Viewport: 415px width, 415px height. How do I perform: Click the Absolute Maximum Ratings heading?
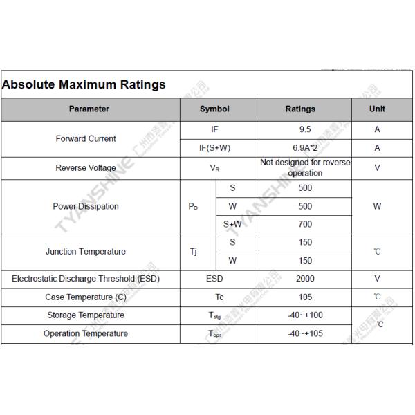(x=84, y=85)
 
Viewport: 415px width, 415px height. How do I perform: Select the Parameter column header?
(x=89, y=109)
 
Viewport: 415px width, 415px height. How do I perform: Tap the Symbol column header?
(x=214, y=109)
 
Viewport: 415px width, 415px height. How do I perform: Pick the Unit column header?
(x=377, y=109)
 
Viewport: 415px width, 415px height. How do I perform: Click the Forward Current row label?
(x=86, y=138)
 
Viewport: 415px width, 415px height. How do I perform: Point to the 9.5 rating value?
(x=305, y=129)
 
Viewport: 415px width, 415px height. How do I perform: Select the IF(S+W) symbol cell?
(x=214, y=148)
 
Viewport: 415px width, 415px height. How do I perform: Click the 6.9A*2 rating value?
(x=305, y=148)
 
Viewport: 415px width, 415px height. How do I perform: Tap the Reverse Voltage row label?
(x=86, y=168)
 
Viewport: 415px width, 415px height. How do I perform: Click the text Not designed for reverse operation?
(x=305, y=168)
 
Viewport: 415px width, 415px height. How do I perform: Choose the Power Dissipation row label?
(x=86, y=206)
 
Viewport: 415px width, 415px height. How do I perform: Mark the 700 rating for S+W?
(x=305, y=224)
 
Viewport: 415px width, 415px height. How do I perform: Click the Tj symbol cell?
(x=194, y=252)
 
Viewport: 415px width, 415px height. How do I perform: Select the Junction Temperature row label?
(x=86, y=252)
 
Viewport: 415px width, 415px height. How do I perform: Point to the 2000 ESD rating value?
(x=305, y=279)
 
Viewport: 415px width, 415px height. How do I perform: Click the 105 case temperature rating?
(x=305, y=297)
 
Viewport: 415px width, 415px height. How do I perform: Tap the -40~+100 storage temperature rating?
(x=305, y=315)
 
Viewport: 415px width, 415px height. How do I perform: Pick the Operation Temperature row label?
(x=86, y=333)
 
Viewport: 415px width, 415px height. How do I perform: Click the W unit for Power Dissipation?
(x=377, y=206)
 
